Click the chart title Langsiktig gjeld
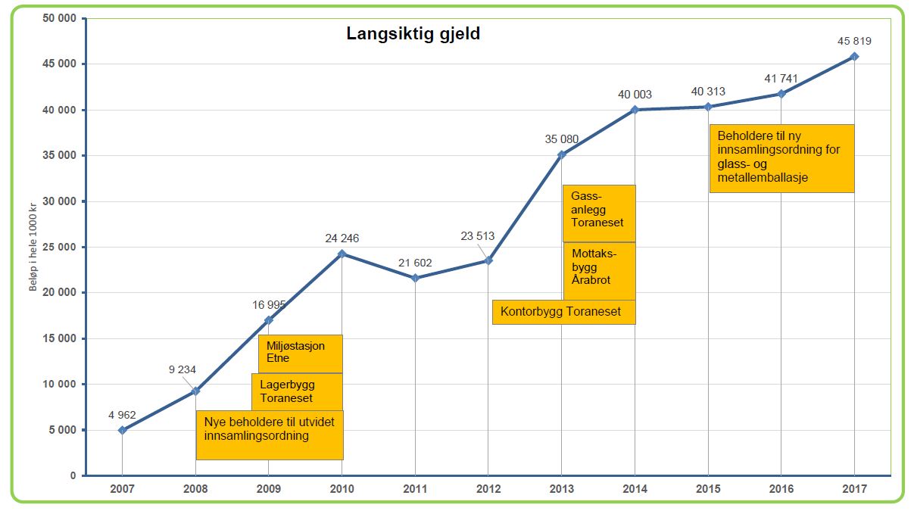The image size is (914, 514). point(413,34)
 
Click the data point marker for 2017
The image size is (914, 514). point(854,57)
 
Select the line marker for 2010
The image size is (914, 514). point(342,254)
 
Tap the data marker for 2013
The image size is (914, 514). point(562,154)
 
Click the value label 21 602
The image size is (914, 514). point(415,263)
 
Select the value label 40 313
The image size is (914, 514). point(708,92)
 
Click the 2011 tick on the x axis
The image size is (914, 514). point(415,490)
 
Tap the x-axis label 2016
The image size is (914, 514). point(781,490)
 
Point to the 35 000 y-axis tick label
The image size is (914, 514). point(60,156)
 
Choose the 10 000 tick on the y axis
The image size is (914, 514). point(60,385)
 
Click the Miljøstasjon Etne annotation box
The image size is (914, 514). point(300,353)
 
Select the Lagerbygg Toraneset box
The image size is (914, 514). point(296,391)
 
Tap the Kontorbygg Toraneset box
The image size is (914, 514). point(563,312)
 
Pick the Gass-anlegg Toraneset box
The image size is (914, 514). point(598,213)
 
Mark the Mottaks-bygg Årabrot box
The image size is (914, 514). point(598,270)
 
